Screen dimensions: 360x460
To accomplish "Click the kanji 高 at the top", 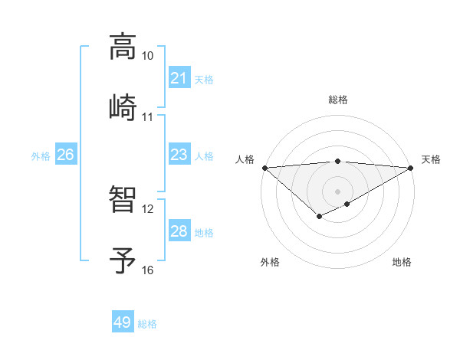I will [123, 47].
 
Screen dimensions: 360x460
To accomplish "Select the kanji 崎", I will [123, 107].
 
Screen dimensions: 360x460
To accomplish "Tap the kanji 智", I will [123, 199].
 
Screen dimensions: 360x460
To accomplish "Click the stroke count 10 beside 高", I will [147, 56].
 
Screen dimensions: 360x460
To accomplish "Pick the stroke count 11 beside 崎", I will [147, 117].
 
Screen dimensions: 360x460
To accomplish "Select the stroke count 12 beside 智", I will [147, 208].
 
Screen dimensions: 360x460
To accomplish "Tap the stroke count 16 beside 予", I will [147, 270].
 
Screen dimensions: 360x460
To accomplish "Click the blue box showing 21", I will [179, 78].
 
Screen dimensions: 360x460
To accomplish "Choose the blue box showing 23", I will [179, 155].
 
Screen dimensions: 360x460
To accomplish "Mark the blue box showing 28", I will [179, 231].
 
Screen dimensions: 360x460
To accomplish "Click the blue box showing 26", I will [65, 155].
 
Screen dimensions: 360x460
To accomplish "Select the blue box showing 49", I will [122, 322].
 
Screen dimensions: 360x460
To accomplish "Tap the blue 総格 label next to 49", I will [147, 324].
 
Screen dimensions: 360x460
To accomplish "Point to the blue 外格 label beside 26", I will [41, 156].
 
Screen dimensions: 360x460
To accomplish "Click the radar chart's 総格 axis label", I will [337, 100].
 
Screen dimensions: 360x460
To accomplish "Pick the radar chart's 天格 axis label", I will [431, 159].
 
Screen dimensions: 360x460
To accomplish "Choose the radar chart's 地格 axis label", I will [402, 262].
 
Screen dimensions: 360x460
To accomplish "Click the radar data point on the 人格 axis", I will [264, 168].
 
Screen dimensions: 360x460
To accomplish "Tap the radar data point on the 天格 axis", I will [411, 168].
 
